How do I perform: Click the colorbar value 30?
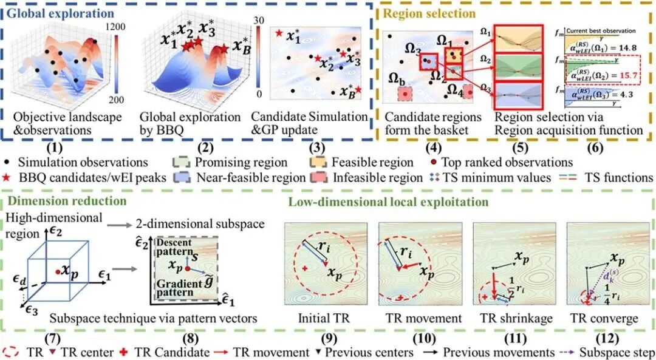[x=258, y=19]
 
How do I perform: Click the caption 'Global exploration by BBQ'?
[x=181, y=124]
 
